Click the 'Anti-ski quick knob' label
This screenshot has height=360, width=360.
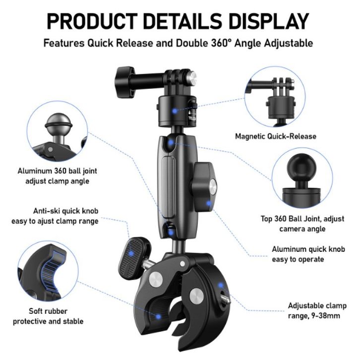(61, 211)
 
